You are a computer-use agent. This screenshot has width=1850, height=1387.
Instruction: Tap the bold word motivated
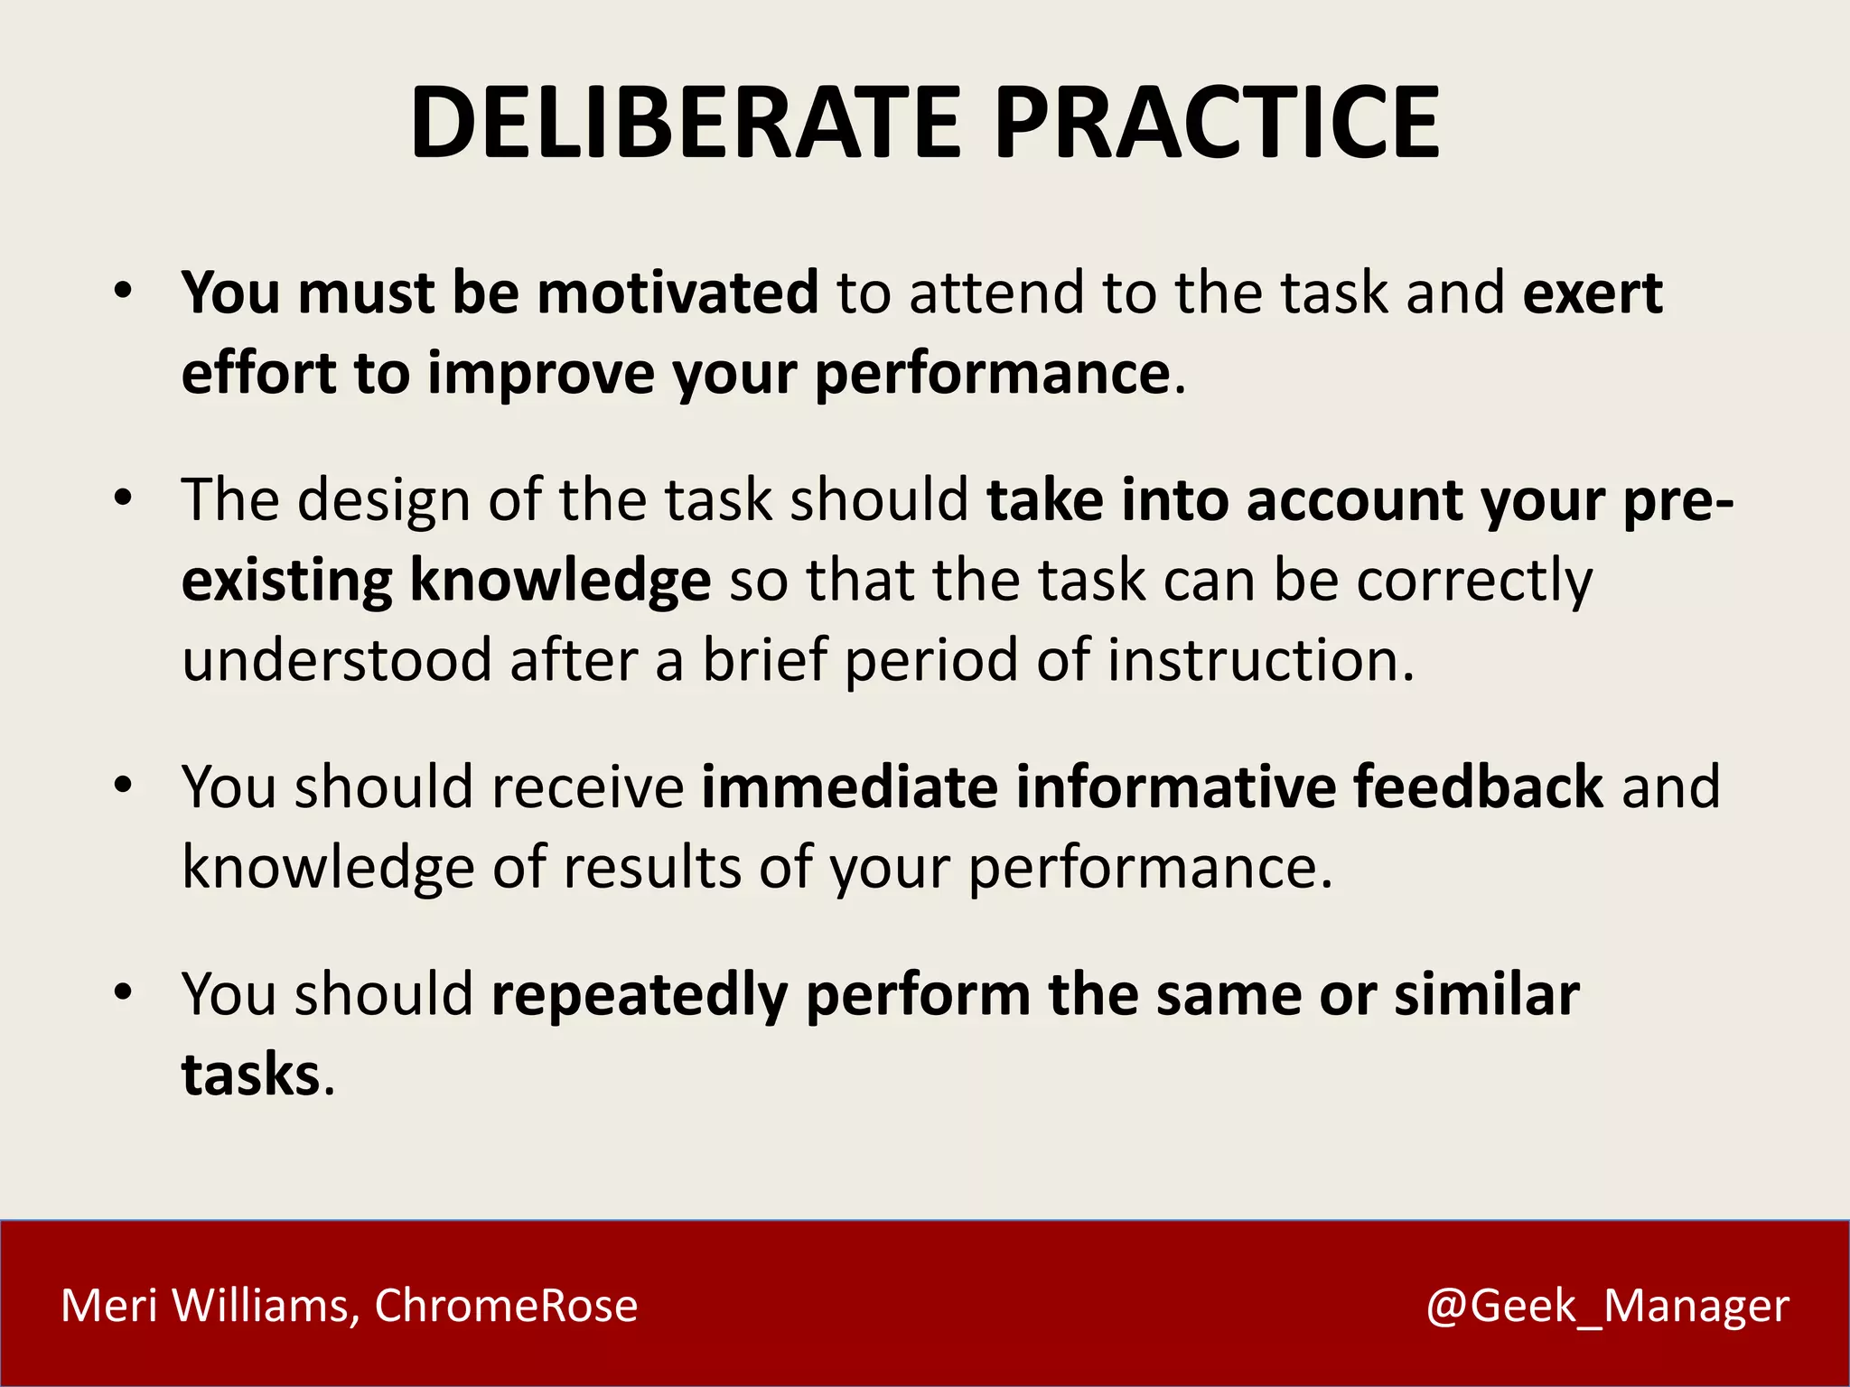[677, 293]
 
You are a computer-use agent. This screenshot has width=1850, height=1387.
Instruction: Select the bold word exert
[1593, 293]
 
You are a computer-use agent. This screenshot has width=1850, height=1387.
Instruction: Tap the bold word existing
[286, 580]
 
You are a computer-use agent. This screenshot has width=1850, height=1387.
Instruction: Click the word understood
[336, 660]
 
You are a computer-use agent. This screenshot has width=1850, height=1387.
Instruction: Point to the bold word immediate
[849, 787]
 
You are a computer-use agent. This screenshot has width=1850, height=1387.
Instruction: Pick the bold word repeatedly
[639, 995]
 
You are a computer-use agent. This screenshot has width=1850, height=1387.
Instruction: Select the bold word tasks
[251, 1075]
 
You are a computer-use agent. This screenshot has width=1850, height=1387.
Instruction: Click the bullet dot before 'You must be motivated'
[124, 292]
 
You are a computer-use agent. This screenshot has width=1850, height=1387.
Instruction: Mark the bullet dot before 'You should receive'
[124, 786]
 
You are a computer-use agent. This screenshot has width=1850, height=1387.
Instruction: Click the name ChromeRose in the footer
[506, 1306]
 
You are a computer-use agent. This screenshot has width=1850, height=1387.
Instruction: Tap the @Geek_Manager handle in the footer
[1607, 1306]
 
